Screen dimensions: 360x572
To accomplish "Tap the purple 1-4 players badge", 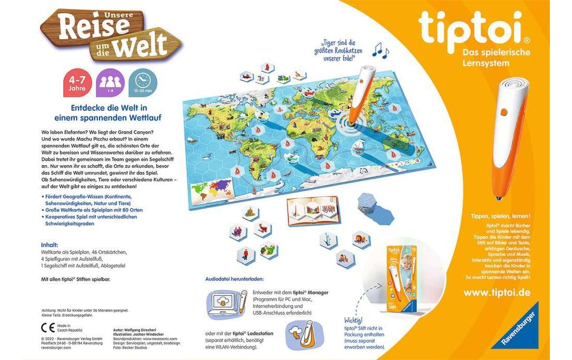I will pyautogui.click(x=110, y=83).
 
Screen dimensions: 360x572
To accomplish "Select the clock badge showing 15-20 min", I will pyautogui.click(x=143, y=83).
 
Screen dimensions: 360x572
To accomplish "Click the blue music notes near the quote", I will pyautogui.click(x=381, y=49).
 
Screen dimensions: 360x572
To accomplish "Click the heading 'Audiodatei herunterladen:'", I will pyautogui.click(x=234, y=279).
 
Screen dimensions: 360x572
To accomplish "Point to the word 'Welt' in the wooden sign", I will pyautogui.click(x=140, y=47).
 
